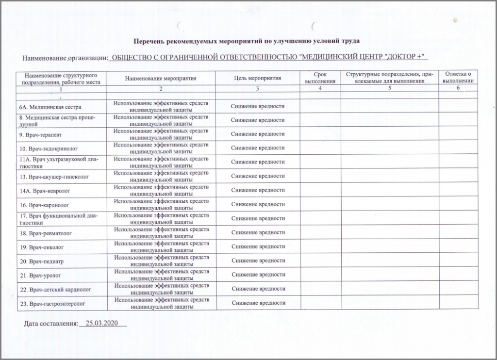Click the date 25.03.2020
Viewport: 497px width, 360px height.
(x=102, y=323)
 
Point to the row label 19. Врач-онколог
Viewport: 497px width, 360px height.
(x=42, y=247)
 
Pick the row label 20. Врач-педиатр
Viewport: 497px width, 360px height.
(x=42, y=261)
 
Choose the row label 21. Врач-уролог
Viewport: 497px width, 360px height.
(x=41, y=275)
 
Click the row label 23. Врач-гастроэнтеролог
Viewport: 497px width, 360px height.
(x=53, y=303)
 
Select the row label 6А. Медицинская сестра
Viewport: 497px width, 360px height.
(x=50, y=106)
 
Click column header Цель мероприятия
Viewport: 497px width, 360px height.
(x=257, y=78)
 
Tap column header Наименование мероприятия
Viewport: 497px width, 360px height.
(x=160, y=78)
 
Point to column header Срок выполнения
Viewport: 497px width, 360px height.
(x=320, y=78)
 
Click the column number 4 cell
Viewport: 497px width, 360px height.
(x=320, y=89)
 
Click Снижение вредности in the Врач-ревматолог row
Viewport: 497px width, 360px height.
(x=258, y=233)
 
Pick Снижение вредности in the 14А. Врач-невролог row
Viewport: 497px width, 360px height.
(x=258, y=190)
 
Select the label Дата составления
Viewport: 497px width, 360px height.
(x=50, y=323)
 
